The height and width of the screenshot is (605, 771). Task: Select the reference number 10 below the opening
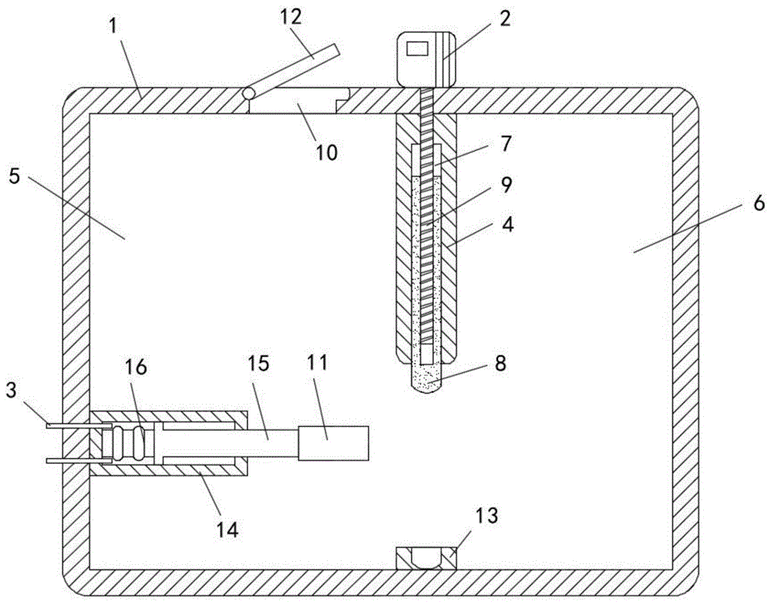click(x=326, y=152)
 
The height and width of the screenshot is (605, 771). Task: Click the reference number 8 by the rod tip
click(x=500, y=363)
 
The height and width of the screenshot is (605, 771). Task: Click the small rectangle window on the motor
click(x=417, y=49)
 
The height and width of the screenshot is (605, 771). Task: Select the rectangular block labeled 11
click(x=333, y=444)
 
